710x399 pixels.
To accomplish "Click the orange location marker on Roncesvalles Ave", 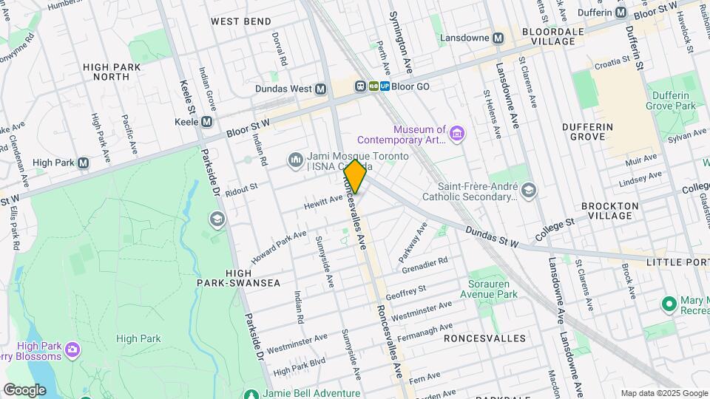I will coord(355,177).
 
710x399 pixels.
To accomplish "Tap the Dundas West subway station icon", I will coord(320,89).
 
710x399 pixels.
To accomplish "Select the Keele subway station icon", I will coord(207,121).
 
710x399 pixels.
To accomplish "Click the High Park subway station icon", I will coord(83,163).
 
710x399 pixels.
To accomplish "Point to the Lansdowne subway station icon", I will coord(499,37).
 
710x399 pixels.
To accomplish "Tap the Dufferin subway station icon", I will coord(621,13).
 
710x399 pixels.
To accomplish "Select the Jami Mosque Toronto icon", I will coord(296,160).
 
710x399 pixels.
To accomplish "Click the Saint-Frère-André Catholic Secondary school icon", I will coord(528,191).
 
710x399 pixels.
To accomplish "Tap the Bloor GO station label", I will coord(410,86).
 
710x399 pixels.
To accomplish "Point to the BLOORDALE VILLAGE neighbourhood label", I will coord(548,36).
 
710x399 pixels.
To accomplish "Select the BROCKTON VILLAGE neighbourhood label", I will coord(606,211).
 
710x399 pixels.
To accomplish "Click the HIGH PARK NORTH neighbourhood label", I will coord(112,71).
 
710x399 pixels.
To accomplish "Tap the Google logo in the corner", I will coord(24,389).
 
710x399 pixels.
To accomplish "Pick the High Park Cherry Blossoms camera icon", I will coord(72,348).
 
